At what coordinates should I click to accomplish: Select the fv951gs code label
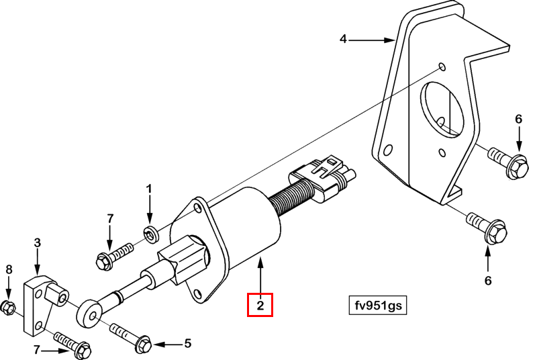377,305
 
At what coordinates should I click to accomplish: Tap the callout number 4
343,40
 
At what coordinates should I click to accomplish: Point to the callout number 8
8,269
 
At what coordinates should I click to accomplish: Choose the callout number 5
187,344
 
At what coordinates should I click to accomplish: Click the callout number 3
38,242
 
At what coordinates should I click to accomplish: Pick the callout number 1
150,188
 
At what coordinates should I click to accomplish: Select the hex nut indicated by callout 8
8,308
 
